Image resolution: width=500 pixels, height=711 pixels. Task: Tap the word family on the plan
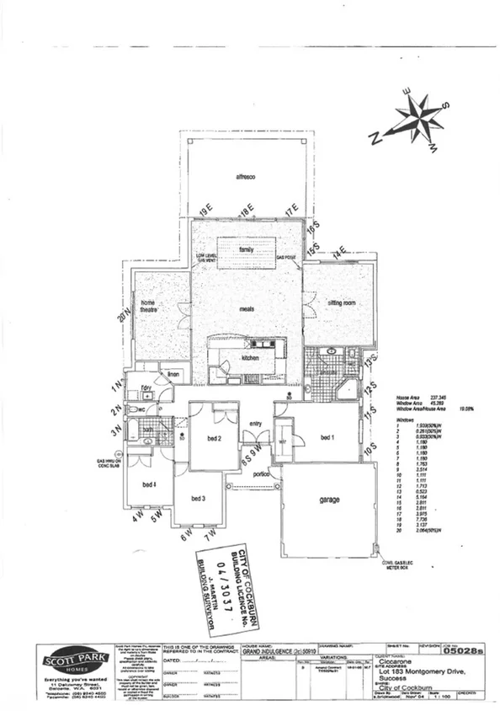click(x=247, y=250)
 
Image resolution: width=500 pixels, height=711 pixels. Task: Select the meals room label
click(x=247, y=309)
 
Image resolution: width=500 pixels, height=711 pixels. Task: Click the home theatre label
click(x=148, y=307)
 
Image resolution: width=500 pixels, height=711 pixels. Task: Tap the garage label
click(x=329, y=500)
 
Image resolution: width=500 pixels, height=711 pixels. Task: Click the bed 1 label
click(x=328, y=437)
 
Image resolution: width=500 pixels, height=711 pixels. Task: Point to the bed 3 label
click(x=199, y=500)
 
